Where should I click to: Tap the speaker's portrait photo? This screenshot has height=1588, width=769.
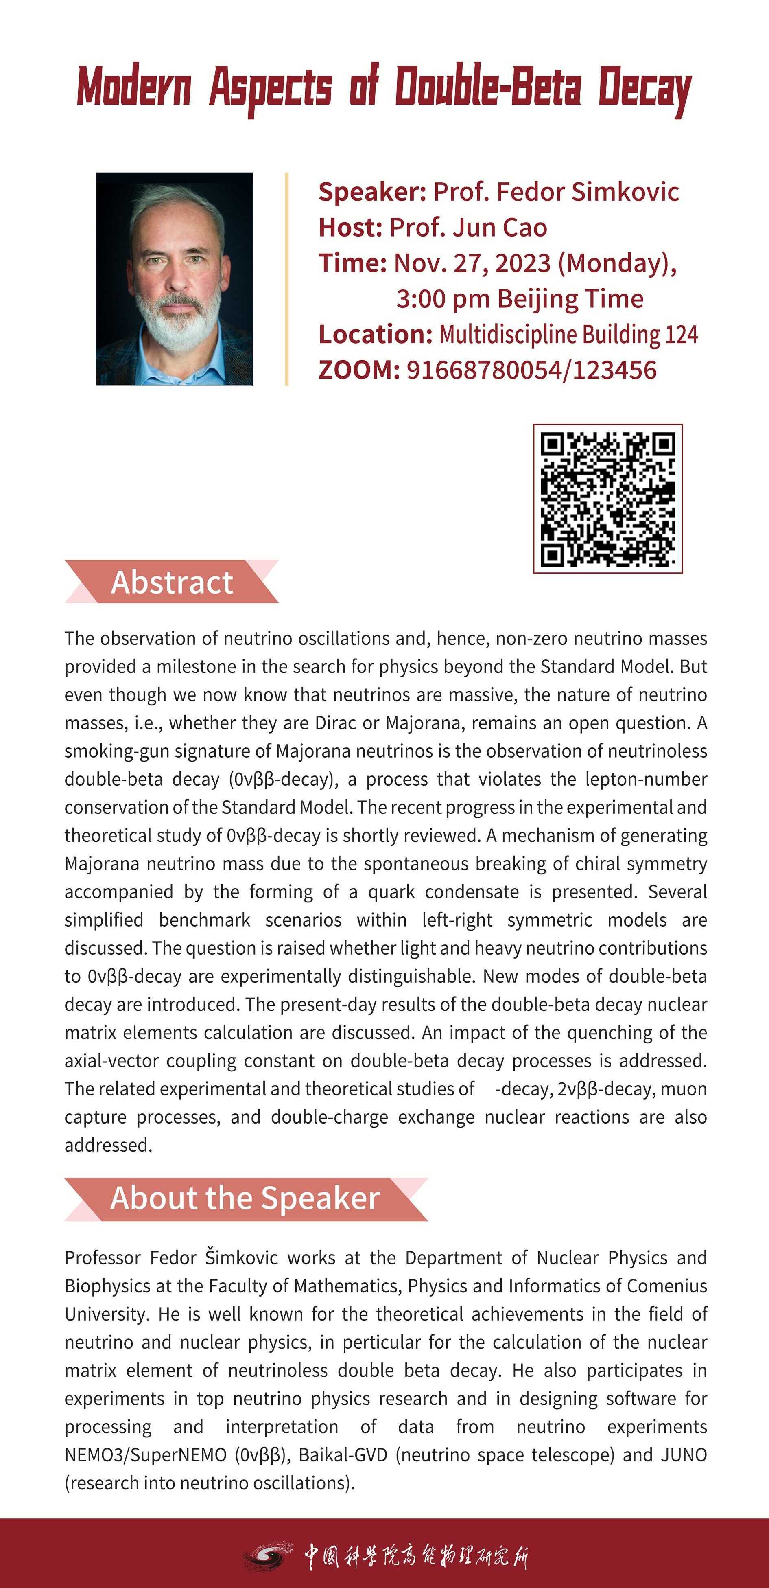[x=175, y=278]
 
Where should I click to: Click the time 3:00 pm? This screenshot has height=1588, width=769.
[x=443, y=299]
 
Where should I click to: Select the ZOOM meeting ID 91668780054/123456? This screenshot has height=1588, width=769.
[x=531, y=370]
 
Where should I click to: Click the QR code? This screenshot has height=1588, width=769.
[x=607, y=498]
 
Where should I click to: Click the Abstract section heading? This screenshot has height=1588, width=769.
[x=172, y=582]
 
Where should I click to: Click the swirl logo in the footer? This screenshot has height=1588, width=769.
[x=269, y=1556]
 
